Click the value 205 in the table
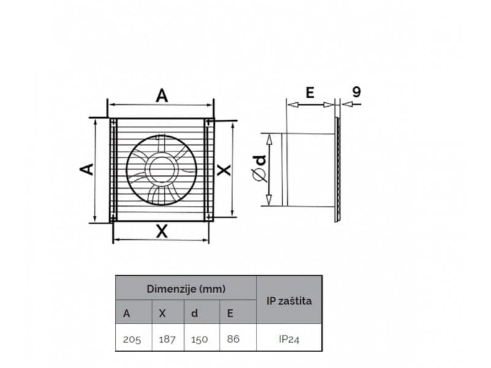pyautogui.click(x=132, y=339)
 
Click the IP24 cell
pyautogui.click(x=288, y=339)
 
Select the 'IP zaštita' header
pyautogui.click(x=288, y=301)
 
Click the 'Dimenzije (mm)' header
pyautogui.click(x=185, y=288)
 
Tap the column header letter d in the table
pyautogui.click(x=195, y=313)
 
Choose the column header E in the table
pyautogui.click(x=230, y=313)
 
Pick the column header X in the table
pyautogui.click(x=162, y=313)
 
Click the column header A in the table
pyautogui.click(x=126, y=313)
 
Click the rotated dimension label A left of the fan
pyautogui.click(x=88, y=169)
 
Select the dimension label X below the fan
pyautogui.click(x=161, y=231)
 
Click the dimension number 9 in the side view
pyautogui.click(x=357, y=92)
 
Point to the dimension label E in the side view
pyautogui.click(x=310, y=93)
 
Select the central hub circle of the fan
pyautogui.click(x=161, y=169)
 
